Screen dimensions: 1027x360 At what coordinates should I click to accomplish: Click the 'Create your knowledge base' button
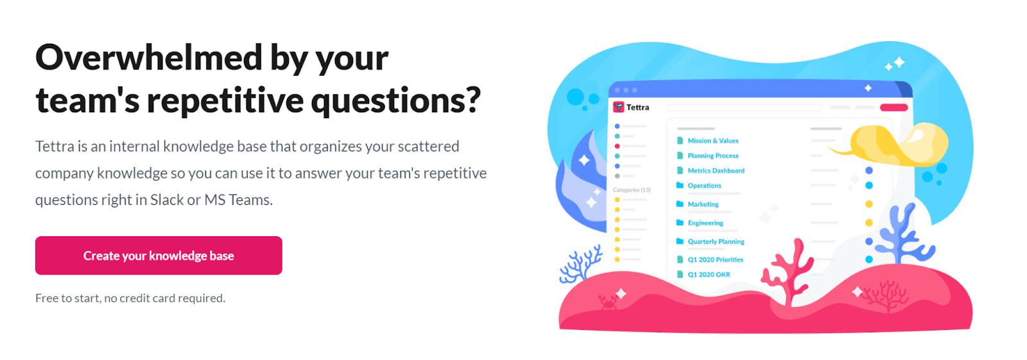tap(159, 255)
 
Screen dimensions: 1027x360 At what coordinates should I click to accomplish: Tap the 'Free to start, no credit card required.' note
tap(130, 298)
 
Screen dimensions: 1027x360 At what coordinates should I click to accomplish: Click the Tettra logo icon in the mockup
tap(619, 107)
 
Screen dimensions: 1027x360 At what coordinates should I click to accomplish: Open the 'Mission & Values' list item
tap(713, 141)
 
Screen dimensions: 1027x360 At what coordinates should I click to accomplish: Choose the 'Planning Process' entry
tap(713, 156)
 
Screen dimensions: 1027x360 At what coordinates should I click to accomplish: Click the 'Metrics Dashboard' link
tap(716, 171)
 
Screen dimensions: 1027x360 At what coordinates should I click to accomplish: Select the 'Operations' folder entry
tap(704, 185)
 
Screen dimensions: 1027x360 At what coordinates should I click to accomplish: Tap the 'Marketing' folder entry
tap(703, 204)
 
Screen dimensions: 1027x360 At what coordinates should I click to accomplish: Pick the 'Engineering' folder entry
tap(705, 223)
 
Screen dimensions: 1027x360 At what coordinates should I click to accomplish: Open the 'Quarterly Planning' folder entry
tap(716, 242)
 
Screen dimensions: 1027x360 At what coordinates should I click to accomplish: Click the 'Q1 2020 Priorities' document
tap(715, 259)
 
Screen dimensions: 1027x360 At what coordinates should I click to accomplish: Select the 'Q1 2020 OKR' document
tap(709, 275)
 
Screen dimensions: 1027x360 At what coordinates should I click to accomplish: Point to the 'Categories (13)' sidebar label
tap(632, 190)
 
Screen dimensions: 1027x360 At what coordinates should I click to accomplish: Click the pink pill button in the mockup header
tap(893, 107)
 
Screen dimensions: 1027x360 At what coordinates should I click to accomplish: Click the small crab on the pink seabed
tap(607, 302)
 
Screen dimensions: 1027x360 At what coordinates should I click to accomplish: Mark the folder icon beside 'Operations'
tap(680, 185)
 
